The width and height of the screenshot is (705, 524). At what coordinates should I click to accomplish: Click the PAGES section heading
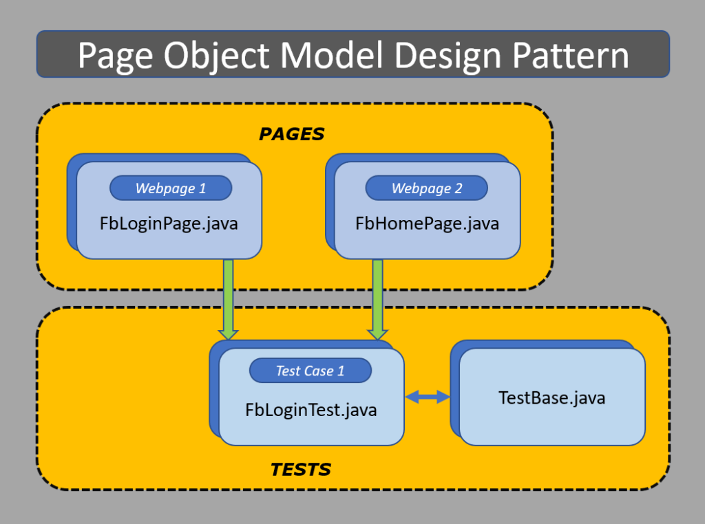point(291,134)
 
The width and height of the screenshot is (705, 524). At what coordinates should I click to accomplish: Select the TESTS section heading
point(301,470)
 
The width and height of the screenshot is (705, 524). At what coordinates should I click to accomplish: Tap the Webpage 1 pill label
point(171,188)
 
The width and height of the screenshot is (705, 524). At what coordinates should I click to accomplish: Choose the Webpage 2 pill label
point(427,188)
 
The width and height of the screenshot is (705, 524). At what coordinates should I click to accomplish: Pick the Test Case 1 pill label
point(310,371)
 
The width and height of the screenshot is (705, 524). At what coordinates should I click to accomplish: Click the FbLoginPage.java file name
point(169,223)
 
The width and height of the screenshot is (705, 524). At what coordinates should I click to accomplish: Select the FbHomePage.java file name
point(427,223)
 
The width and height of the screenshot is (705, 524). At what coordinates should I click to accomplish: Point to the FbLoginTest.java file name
point(311,410)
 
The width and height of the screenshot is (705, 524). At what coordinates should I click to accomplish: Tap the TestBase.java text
point(552,397)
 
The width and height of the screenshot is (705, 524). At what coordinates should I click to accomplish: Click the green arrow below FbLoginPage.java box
point(228,296)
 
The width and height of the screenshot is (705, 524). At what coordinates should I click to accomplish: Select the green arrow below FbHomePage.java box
point(377,296)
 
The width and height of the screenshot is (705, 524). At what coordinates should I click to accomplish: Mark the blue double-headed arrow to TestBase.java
point(428,397)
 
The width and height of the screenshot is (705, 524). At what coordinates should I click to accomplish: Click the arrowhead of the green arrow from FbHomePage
point(377,334)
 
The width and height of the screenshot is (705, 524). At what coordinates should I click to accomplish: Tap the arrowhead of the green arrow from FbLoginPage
point(228,334)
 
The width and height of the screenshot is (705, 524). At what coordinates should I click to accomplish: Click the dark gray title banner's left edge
point(39,54)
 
